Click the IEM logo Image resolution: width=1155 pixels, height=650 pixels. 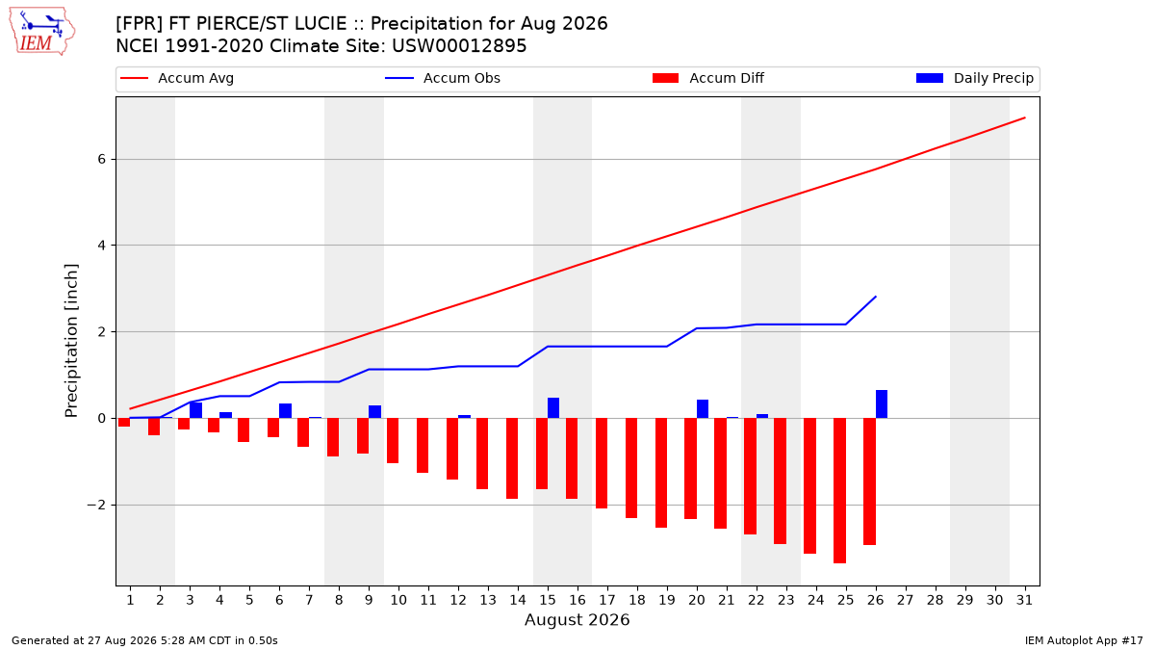coord(41,32)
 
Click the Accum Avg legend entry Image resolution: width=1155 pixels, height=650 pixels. coord(177,78)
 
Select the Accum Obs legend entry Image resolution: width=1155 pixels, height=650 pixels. coord(443,78)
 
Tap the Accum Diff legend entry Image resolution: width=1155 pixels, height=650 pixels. coord(708,78)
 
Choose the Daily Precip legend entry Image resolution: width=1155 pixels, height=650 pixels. coord(974,78)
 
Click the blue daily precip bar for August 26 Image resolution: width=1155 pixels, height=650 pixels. coord(882,403)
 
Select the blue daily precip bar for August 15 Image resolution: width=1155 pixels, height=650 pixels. coord(553,408)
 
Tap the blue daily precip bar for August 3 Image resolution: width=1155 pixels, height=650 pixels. coord(196,410)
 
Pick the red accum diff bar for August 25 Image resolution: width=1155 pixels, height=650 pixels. coord(840,490)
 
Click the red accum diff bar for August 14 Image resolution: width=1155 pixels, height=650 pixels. coord(512,458)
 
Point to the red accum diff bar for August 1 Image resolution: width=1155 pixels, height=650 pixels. coord(124,423)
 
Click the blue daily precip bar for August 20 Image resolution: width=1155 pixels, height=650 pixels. coord(703,409)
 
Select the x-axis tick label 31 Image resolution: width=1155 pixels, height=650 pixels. coord(1024,600)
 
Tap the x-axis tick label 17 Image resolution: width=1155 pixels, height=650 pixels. coord(607,600)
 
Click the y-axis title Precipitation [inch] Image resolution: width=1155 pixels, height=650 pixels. coord(71,341)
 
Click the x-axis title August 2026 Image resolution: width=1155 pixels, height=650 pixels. coord(577,619)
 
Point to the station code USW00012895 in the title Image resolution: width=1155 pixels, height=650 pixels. coord(459,46)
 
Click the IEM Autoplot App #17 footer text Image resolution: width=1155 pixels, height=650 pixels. coord(1084,640)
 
